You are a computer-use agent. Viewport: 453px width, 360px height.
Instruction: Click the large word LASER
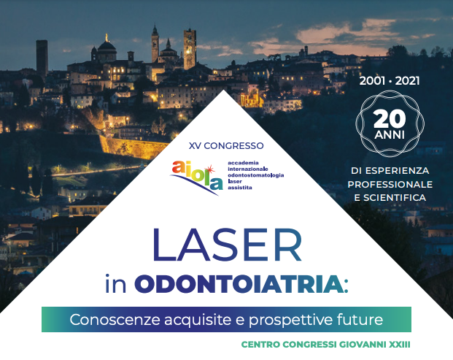point(227,245)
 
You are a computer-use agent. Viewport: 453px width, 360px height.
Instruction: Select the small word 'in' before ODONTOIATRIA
point(116,284)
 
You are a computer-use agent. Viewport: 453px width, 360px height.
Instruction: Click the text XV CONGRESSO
point(226,146)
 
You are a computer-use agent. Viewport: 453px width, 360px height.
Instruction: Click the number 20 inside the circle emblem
point(390,119)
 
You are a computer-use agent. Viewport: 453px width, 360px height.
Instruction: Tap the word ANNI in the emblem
point(390,135)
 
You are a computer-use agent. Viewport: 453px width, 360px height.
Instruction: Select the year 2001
point(372,81)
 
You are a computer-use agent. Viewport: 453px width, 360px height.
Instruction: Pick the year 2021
point(407,81)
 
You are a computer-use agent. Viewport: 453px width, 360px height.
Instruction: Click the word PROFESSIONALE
point(390,184)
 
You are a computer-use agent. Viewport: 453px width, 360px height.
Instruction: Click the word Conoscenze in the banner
point(115,320)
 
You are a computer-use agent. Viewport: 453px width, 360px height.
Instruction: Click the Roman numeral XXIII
point(400,345)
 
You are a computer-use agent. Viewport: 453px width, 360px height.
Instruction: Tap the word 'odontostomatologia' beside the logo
point(256,175)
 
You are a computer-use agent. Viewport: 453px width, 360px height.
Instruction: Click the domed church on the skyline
point(106,50)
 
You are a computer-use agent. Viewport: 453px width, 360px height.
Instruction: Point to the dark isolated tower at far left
point(42,58)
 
